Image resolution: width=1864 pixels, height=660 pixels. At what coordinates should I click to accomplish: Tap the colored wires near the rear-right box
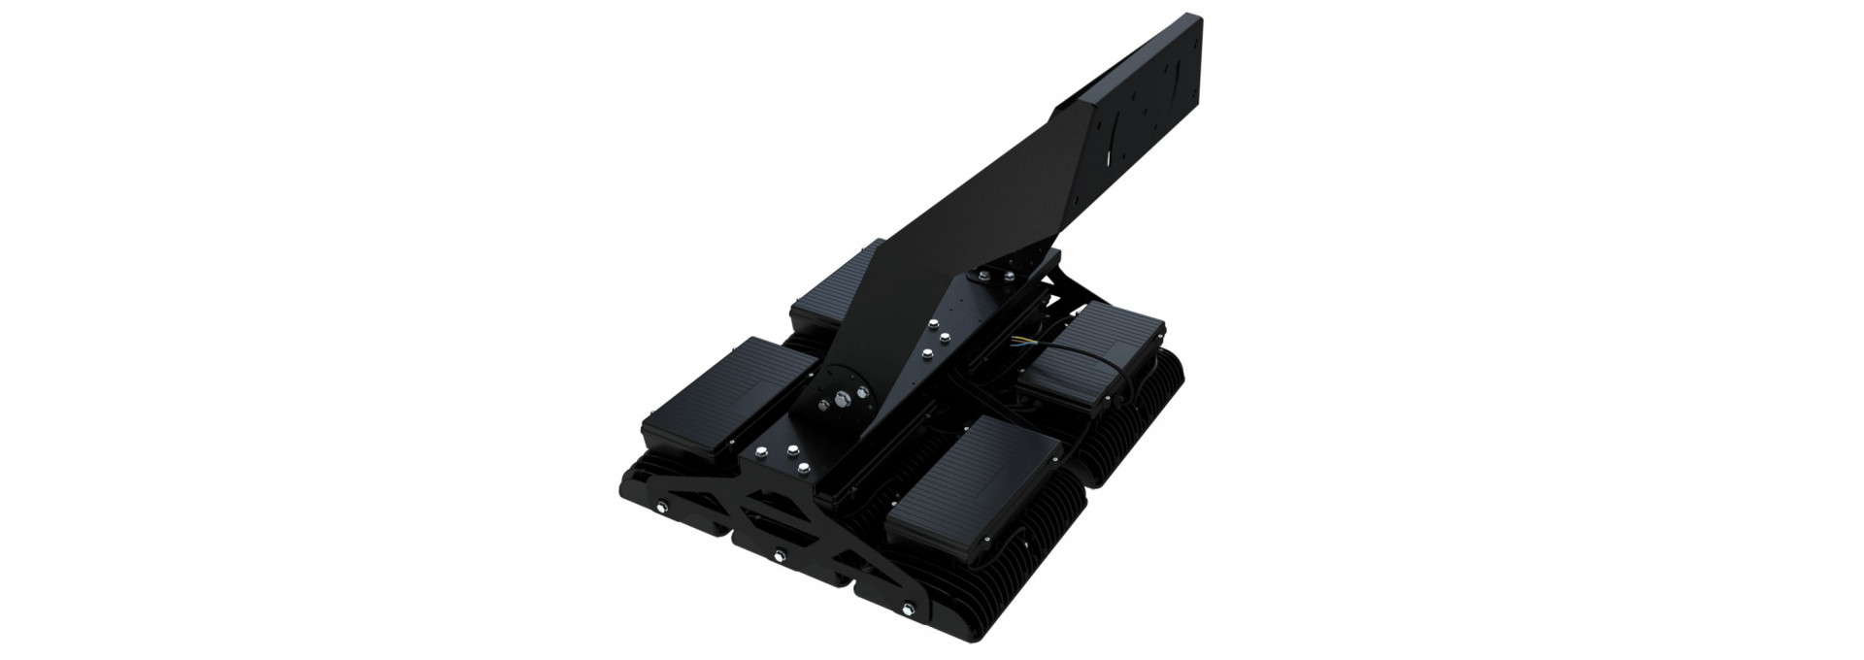pos(1025,341)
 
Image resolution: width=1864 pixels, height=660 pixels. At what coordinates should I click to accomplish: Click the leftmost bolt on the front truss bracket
pos(663,506)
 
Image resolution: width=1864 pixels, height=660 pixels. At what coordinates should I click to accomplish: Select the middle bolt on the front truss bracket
pos(779,555)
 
